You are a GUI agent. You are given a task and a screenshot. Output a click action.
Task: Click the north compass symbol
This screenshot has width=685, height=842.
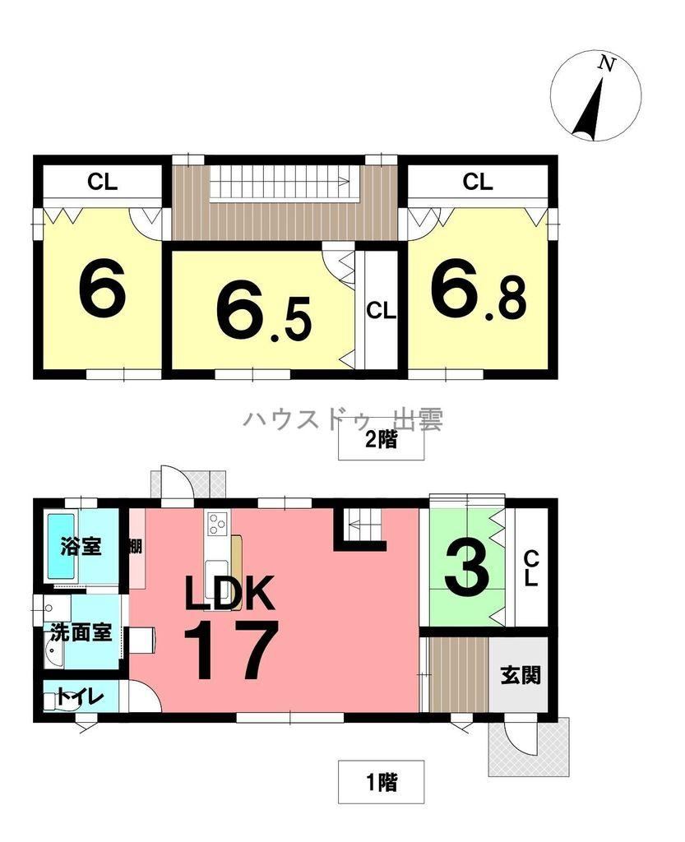tap(595, 96)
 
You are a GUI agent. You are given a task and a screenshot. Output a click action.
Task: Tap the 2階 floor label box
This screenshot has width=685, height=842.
tap(382, 440)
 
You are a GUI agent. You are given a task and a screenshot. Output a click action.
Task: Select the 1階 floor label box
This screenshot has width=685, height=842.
tap(382, 782)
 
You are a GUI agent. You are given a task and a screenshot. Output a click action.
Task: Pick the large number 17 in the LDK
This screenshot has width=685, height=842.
tap(231, 650)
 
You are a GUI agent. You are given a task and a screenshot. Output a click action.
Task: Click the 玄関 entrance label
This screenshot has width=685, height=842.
tap(521, 675)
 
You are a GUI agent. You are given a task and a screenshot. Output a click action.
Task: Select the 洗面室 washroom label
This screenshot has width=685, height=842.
tap(81, 632)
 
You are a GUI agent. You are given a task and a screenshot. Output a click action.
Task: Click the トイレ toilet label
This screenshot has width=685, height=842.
tap(80, 697)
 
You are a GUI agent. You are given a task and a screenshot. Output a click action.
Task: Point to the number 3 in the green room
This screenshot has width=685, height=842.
tap(467, 568)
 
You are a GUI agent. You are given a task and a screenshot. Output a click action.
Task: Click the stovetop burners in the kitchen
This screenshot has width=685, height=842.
tap(217, 523)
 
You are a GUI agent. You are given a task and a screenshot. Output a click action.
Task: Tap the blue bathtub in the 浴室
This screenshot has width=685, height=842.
tap(61, 546)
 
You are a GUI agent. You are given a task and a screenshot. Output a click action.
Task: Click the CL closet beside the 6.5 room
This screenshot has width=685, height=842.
tap(381, 310)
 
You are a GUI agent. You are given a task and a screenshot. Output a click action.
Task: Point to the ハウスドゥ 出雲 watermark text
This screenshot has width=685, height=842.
tap(344, 420)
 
